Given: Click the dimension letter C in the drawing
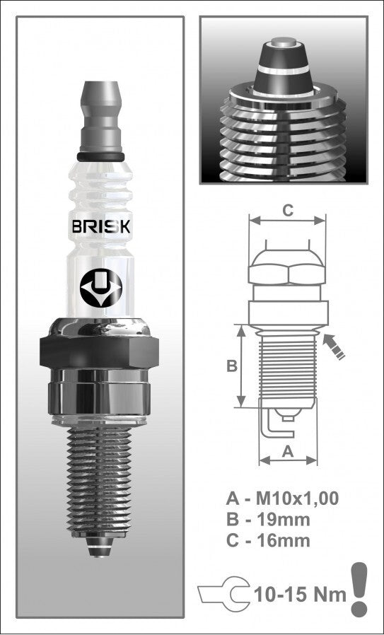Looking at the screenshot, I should [287, 210].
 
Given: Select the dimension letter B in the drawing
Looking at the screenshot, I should [231, 366].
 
